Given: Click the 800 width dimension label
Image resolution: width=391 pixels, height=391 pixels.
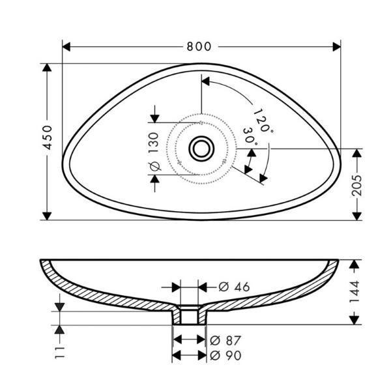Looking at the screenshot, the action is click(199, 47).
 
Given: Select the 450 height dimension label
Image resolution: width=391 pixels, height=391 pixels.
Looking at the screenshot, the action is click(48, 138).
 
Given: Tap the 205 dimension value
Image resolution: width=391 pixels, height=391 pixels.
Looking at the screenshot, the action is click(356, 185).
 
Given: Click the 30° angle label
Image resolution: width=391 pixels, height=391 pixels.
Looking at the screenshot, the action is click(250, 136).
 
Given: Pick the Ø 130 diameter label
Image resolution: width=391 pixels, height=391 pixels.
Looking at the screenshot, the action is click(154, 152).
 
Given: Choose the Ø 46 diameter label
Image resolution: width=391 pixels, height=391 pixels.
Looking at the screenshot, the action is click(234, 287).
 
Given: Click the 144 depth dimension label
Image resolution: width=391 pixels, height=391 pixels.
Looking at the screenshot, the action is click(355, 291).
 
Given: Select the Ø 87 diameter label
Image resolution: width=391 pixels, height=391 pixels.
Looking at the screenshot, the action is click(225, 340).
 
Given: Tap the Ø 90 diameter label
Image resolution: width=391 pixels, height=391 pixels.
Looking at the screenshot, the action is click(225, 355).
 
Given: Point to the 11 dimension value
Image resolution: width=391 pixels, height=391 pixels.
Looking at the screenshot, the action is click(60, 353).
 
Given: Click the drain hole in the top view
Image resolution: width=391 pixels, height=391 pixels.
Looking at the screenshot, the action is click(201, 149).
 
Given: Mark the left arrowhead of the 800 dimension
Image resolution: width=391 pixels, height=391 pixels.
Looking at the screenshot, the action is click(66, 47).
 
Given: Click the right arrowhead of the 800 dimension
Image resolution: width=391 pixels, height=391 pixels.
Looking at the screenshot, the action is click(337, 47).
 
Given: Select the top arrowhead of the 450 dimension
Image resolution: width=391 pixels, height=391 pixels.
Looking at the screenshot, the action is click(47, 68).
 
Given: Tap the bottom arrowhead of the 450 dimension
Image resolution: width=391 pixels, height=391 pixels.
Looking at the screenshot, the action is click(47, 216).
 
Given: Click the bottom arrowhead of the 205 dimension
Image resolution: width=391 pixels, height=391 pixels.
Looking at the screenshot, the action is click(357, 216).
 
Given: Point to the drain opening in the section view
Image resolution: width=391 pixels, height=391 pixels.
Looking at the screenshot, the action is click(189, 315).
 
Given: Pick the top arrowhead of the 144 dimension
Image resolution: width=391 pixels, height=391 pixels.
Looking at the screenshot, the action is click(354, 264).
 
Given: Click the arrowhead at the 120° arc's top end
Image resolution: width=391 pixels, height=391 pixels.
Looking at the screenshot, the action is click(205, 81).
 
